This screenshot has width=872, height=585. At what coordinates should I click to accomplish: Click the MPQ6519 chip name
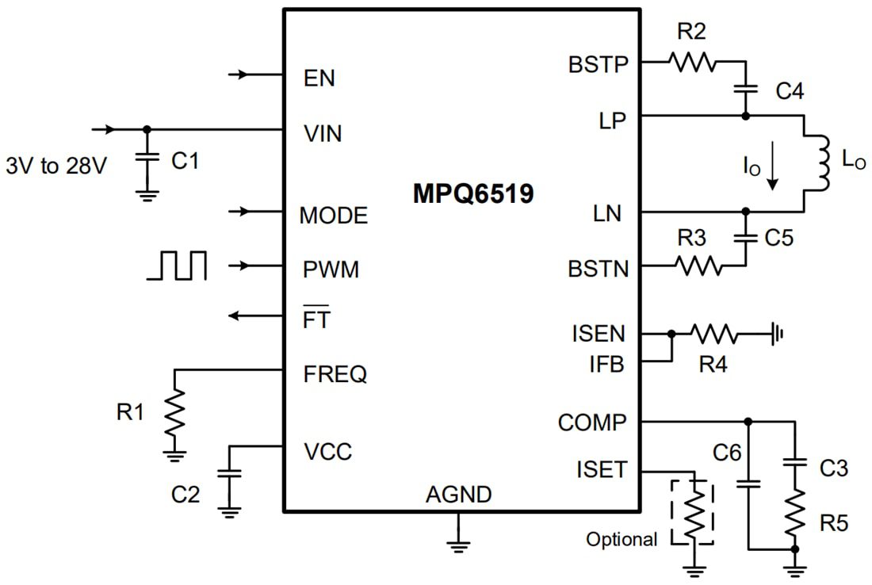[473, 193]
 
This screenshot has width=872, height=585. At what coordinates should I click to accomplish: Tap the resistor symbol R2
[692, 62]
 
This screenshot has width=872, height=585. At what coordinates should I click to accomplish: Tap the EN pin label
[319, 78]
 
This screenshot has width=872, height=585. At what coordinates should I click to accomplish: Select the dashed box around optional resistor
[692, 511]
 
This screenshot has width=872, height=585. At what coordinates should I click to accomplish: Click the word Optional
[621, 540]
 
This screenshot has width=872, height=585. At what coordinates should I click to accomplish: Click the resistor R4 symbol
[715, 335]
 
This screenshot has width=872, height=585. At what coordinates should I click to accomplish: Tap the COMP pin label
[591, 422]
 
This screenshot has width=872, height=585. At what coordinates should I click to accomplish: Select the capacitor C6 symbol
[748, 481]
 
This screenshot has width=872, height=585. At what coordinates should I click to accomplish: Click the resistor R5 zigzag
[794, 512]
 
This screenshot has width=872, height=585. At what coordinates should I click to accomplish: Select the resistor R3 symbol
[698, 266]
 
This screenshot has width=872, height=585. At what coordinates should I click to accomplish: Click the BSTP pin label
[598, 63]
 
